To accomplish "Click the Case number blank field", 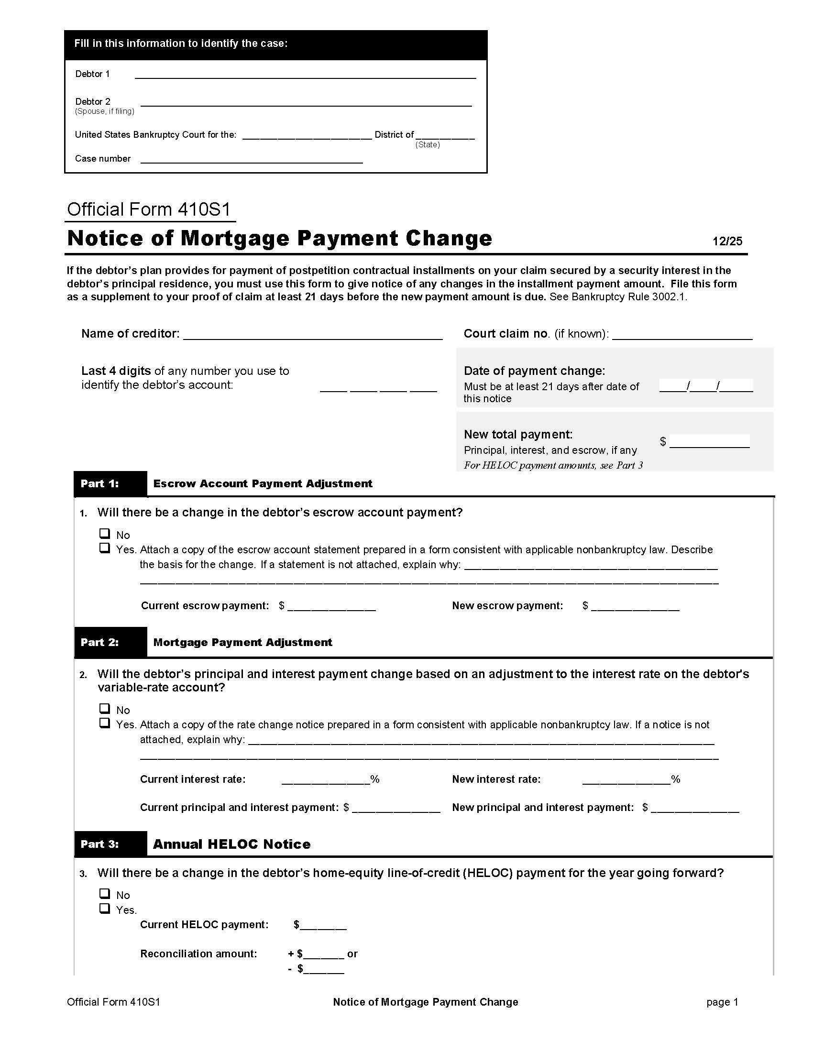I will tap(251, 159).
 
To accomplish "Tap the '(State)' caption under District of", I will tap(427, 144).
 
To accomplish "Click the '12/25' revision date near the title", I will tap(727, 241).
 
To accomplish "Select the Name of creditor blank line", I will tap(313, 334).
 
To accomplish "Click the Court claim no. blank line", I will tap(681, 334).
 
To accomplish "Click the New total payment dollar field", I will tap(709, 442).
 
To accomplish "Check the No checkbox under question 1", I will tap(105, 534).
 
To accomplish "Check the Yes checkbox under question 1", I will tap(105, 548).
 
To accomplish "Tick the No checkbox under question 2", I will tap(105, 709).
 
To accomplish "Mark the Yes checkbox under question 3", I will tap(105, 909).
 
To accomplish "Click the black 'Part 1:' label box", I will tap(110, 483).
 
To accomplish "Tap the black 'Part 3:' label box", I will tap(110, 844).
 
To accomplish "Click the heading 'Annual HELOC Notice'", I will tap(231, 844).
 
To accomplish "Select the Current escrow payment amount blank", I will tap(331, 606).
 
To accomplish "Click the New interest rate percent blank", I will tap(626, 779).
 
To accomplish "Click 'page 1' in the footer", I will tap(722, 1002).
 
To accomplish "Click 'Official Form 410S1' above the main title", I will tap(149, 209).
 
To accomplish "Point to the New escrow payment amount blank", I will tap(635, 606).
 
